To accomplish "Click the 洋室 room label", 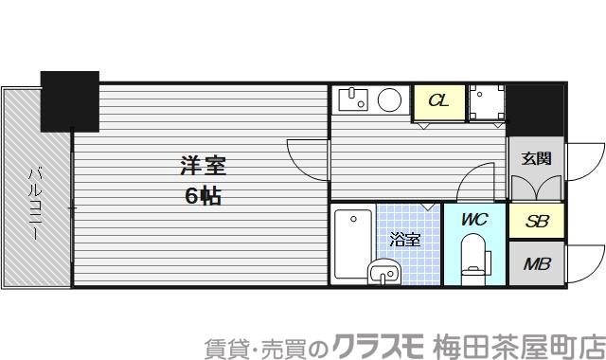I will click(203, 167).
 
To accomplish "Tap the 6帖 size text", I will click(203, 198).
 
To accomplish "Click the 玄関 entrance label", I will click(535, 158).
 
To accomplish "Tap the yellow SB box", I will click(536, 223).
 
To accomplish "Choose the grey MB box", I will click(536, 263).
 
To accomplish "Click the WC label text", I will click(473, 220).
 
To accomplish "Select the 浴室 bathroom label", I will click(405, 240).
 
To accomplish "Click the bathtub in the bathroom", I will click(352, 243).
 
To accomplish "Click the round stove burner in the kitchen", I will click(389, 99).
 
